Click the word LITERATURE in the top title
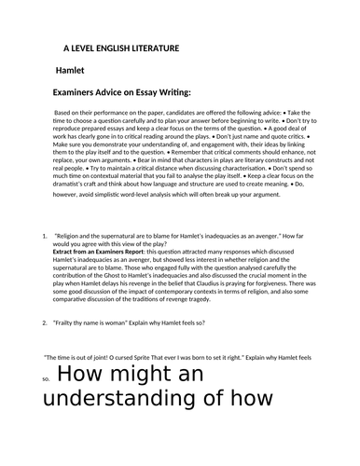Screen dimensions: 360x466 pos(165,47)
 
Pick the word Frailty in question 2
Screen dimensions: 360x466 pos(71,322)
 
